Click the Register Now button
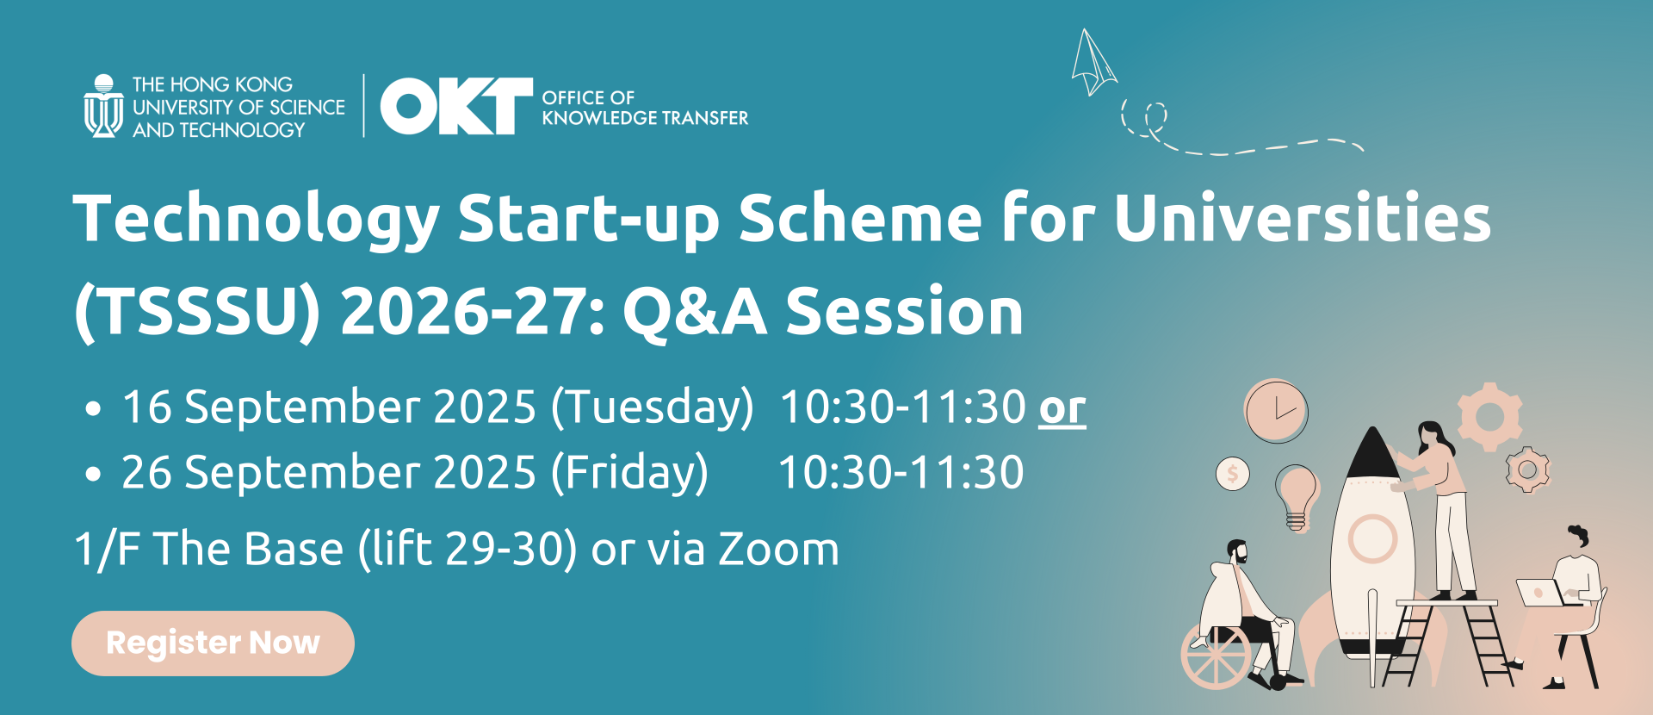[213, 643]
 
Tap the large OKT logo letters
[456, 106]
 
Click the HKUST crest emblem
[103, 106]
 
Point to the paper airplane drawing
[1093, 62]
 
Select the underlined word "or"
[1062, 407]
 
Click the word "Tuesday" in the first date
[652, 407]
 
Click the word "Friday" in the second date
[629, 473]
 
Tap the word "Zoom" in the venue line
[778, 549]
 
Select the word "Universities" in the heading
[1303, 218]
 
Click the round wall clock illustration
[1276, 411]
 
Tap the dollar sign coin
[1233, 473]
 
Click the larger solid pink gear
[1489, 416]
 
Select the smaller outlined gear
[1527, 469]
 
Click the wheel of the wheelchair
[1215, 656]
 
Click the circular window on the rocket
[1372, 538]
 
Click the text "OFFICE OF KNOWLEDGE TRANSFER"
[645, 108]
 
